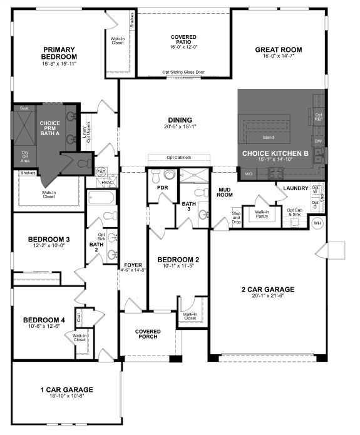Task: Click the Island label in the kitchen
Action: (x=268, y=137)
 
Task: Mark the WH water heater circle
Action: (x=317, y=223)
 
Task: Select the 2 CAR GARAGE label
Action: (x=267, y=289)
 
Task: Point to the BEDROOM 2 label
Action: (x=178, y=260)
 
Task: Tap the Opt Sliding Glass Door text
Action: (x=183, y=72)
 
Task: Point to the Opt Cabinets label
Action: (x=178, y=157)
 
